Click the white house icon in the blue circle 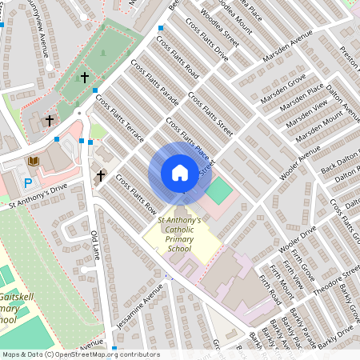(x=179, y=173)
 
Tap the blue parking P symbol (x=29, y=183)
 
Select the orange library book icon (x=34, y=162)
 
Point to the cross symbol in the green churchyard (x=85, y=78)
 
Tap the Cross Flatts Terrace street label (x=119, y=119)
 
